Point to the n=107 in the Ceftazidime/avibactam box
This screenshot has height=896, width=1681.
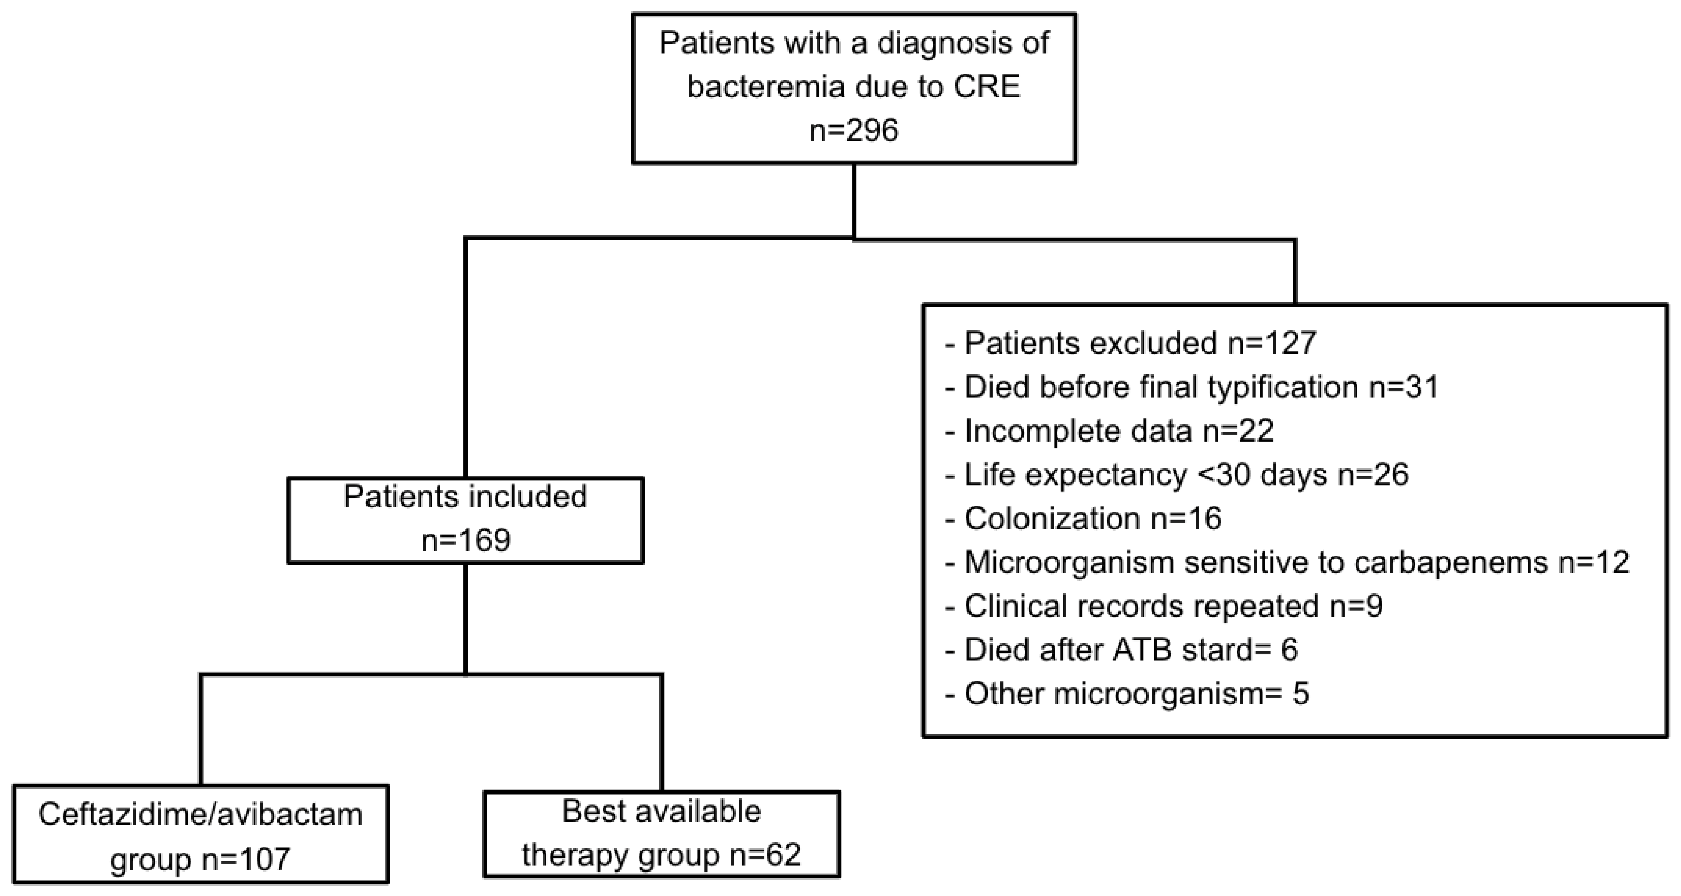pos(245,858)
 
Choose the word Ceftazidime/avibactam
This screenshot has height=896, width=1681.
pos(200,814)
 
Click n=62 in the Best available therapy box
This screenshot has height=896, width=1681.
pos(765,854)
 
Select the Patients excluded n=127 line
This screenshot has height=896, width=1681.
pos(1131,343)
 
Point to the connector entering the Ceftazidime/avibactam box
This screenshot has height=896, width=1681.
pos(201,730)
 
